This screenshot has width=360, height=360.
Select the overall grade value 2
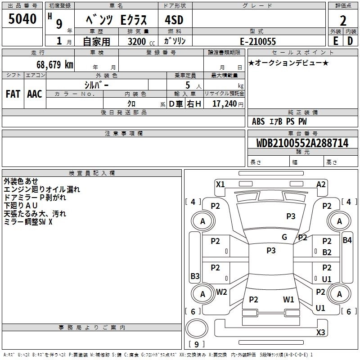coord(343,21)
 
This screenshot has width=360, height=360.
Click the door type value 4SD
coord(174,20)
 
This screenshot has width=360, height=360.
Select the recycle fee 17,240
coord(225,103)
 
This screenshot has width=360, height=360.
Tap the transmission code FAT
coord(13,94)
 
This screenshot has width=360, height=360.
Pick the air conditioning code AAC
coord(35,94)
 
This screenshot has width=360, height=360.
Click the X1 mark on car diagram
coord(220,184)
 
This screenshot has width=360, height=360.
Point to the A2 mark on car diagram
coord(321,184)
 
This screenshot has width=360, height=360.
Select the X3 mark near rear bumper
coord(321,333)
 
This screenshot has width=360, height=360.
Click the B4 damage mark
coord(347,240)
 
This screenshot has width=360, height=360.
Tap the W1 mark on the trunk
coord(288,299)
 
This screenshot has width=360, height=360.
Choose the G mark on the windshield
coord(284,237)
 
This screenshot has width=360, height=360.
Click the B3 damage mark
coord(195,276)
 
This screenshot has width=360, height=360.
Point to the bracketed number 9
coord(196,344)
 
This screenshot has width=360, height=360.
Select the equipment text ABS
coord(258,121)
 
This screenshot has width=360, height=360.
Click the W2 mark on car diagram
coord(221,292)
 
